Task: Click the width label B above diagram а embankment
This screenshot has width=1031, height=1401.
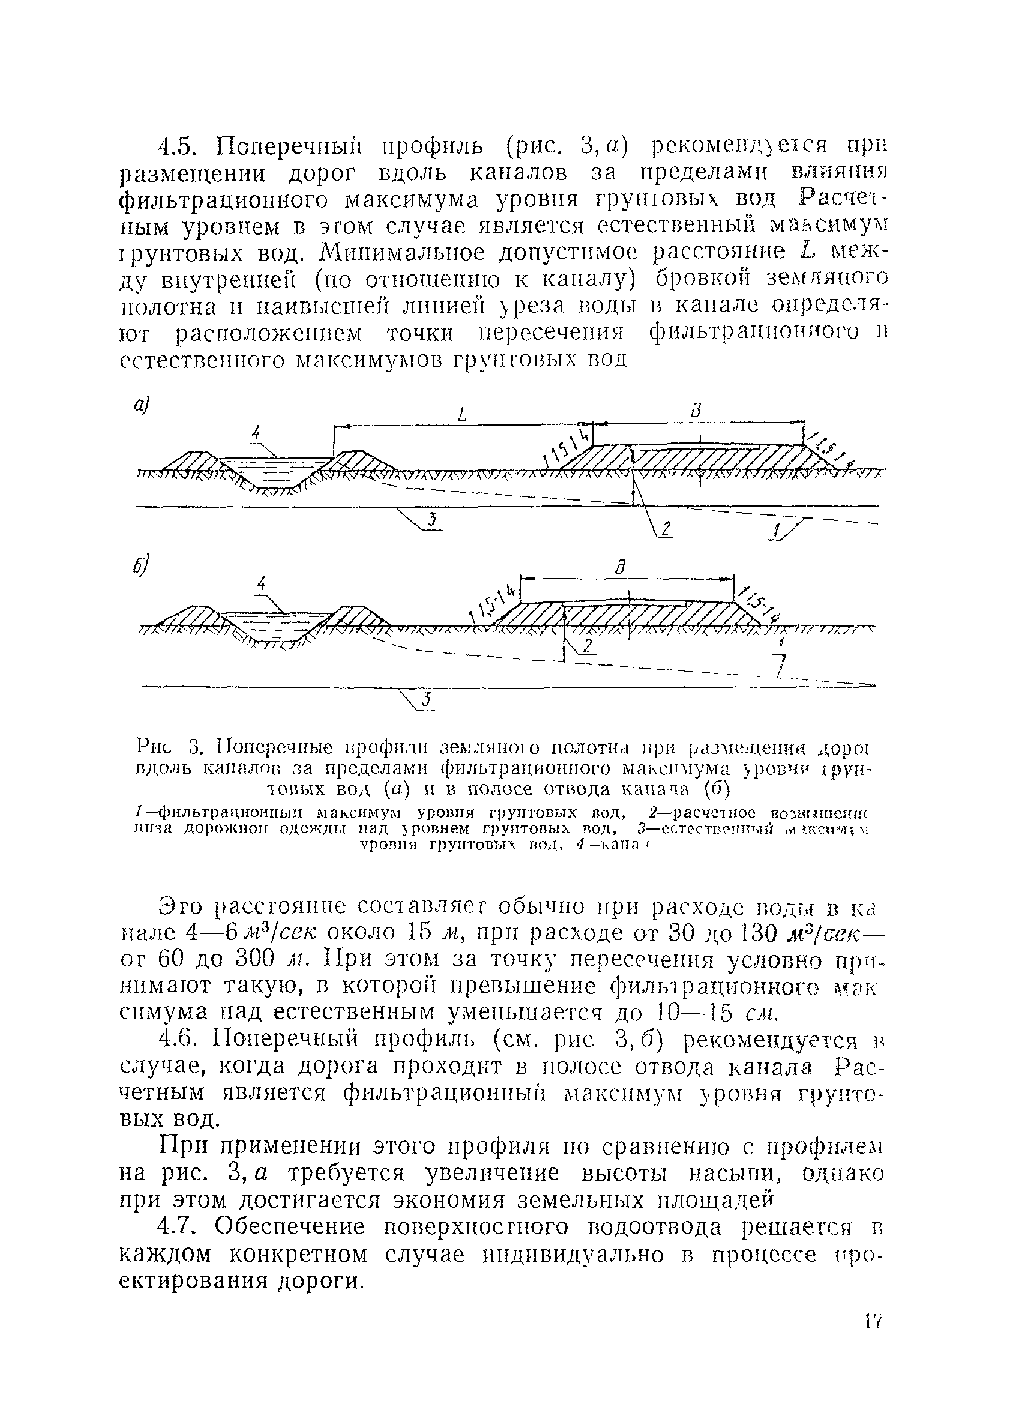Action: [697, 411]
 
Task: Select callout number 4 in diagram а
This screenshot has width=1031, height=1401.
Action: [254, 432]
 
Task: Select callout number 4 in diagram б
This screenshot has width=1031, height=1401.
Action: [262, 584]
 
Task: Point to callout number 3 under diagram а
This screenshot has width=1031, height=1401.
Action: [432, 519]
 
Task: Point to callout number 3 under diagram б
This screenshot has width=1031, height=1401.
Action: [426, 702]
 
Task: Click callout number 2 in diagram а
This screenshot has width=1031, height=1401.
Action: [666, 529]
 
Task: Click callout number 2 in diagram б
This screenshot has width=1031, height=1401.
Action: [587, 646]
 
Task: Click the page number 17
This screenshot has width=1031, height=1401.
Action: [873, 1338]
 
